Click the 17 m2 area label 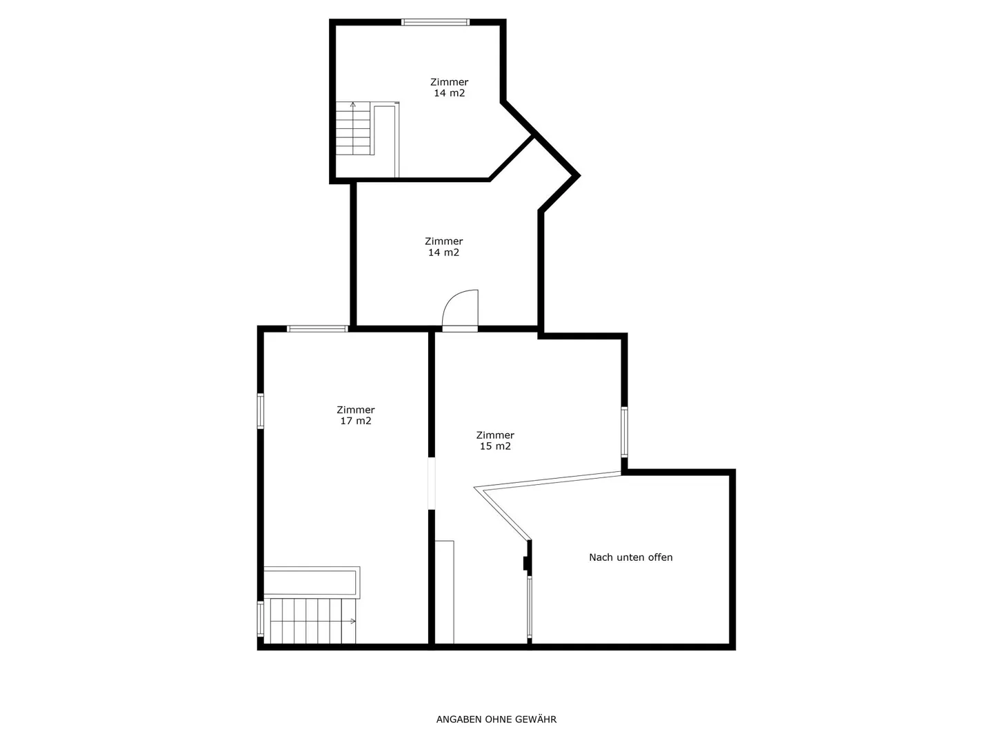(x=356, y=421)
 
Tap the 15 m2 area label (x=495, y=446)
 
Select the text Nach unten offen (x=630, y=557)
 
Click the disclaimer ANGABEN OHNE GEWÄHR (x=496, y=719)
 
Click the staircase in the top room (x=354, y=129)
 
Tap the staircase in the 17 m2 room (x=312, y=621)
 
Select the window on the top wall (x=436, y=22)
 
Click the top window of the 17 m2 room (x=317, y=329)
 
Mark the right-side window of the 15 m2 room (x=624, y=432)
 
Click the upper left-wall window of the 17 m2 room (x=261, y=411)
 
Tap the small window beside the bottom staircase (x=261, y=619)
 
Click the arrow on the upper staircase (x=353, y=106)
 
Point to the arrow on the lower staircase (x=352, y=621)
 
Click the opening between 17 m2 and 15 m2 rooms (x=432, y=483)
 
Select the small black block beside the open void (x=526, y=563)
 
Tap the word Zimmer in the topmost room (x=449, y=82)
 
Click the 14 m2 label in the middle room (x=443, y=252)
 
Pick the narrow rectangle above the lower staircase (x=312, y=582)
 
